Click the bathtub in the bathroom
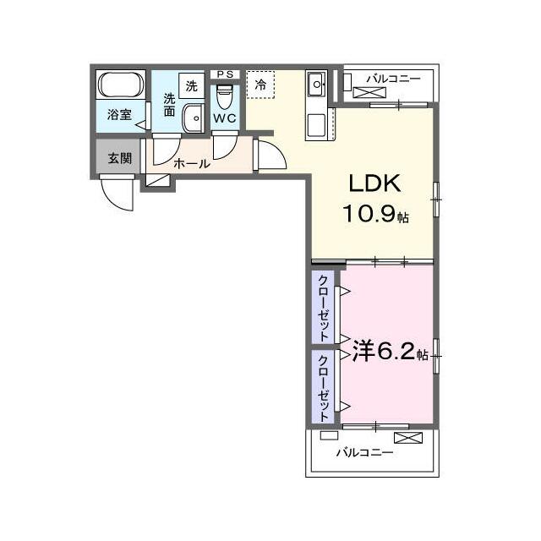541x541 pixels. [121, 85]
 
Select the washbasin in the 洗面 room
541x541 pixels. [193, 118]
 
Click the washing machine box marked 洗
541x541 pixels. [192, 86]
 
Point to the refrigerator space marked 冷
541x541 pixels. [260, 85]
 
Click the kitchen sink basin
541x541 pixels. [316, 84]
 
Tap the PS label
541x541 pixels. [225, 74]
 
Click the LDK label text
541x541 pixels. [375, 183]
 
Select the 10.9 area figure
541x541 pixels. [369, 214]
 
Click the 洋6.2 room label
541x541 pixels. [390, 352]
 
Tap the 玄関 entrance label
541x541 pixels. [120, 158]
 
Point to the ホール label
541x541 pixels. [192, 163]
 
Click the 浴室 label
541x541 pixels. [119, 114]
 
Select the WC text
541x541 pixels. [225, 118]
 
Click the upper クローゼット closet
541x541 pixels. [323, 307]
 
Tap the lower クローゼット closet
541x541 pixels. [323, 387]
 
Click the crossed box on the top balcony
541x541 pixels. [369, 93]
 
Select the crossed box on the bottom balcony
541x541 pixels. [408, 438]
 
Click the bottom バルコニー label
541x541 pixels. [364, 452]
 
